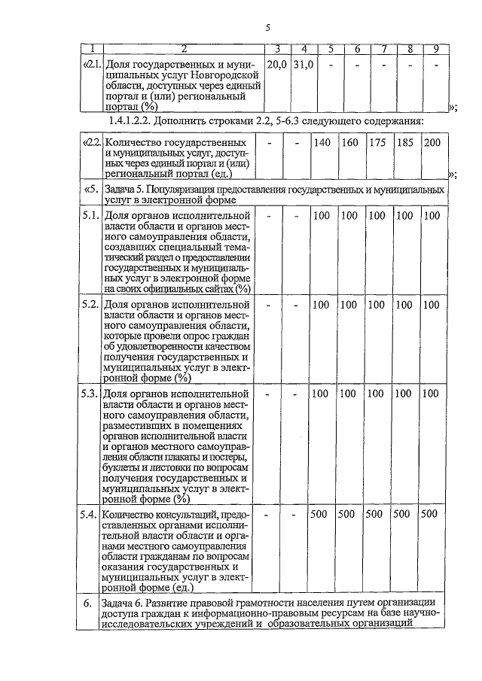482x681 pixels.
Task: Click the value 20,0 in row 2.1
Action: (x=277, y=65)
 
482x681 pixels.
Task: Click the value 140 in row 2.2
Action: (x=322, y=143)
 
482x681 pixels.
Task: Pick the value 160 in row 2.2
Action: (x=349, y=143)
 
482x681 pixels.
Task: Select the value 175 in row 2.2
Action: (x=377, y=143)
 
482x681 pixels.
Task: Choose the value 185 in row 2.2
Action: (x=404, y=143)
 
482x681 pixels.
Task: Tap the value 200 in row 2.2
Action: (x=432, y=143)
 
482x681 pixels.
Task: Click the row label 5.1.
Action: (x=90, y=217)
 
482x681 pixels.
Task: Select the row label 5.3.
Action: (x=90, y=394)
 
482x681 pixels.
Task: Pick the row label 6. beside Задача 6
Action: (x=88, y=603)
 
